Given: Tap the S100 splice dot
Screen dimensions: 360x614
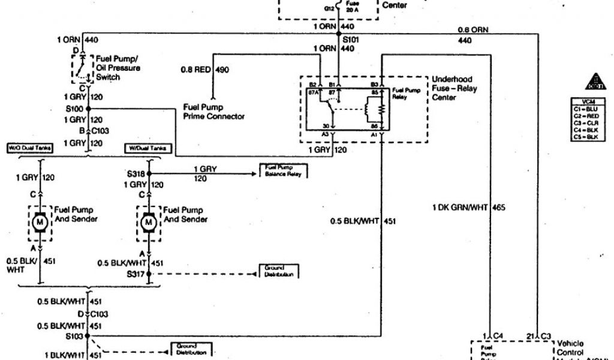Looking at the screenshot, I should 88,109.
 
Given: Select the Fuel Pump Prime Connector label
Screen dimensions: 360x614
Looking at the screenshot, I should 213,111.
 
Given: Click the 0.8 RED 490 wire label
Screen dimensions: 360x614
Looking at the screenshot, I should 205,70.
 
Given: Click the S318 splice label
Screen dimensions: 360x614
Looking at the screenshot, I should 136,173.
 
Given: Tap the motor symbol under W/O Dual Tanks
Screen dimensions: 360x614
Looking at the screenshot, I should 41,223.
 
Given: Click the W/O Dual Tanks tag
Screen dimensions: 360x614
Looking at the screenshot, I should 29,148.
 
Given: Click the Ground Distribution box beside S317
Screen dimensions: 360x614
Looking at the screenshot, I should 279,271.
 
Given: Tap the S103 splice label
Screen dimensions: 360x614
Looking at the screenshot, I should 75,336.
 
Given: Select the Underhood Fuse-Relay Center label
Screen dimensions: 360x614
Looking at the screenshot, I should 453,88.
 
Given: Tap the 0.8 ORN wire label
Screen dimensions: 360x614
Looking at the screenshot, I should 474,29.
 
